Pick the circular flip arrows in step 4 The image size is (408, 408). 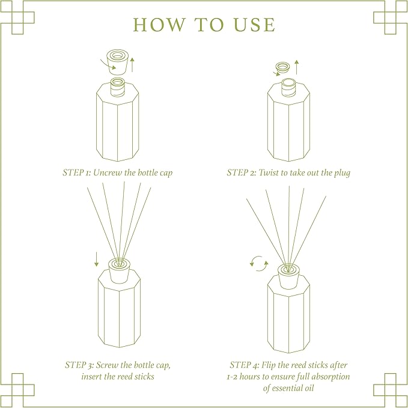259,263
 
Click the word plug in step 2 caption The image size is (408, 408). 341,172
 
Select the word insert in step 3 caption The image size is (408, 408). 94,376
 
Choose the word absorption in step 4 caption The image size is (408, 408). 328,376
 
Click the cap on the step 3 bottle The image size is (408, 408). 118,267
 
